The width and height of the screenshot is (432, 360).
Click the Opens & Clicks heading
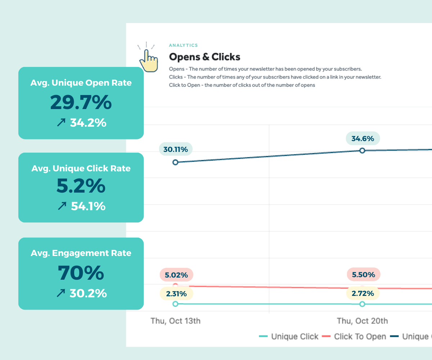[204, 57]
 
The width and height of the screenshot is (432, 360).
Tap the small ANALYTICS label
[183, 45]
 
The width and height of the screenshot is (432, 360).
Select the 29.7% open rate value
[81, 103]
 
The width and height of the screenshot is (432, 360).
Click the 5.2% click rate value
[81, 186]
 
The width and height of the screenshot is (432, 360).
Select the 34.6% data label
[363, 138]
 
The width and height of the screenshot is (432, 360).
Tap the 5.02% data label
[176, 275]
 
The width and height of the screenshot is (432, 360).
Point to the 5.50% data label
[363, 275]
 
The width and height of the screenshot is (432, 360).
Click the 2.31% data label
[176, 294]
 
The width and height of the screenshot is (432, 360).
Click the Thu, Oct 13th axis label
[175, 321]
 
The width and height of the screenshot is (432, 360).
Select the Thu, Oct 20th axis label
[362, 321]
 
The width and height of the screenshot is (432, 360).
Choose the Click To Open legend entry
[354, 337]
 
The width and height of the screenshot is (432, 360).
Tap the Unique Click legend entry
[289, 337]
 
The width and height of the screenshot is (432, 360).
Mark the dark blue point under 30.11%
[175, 162]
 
